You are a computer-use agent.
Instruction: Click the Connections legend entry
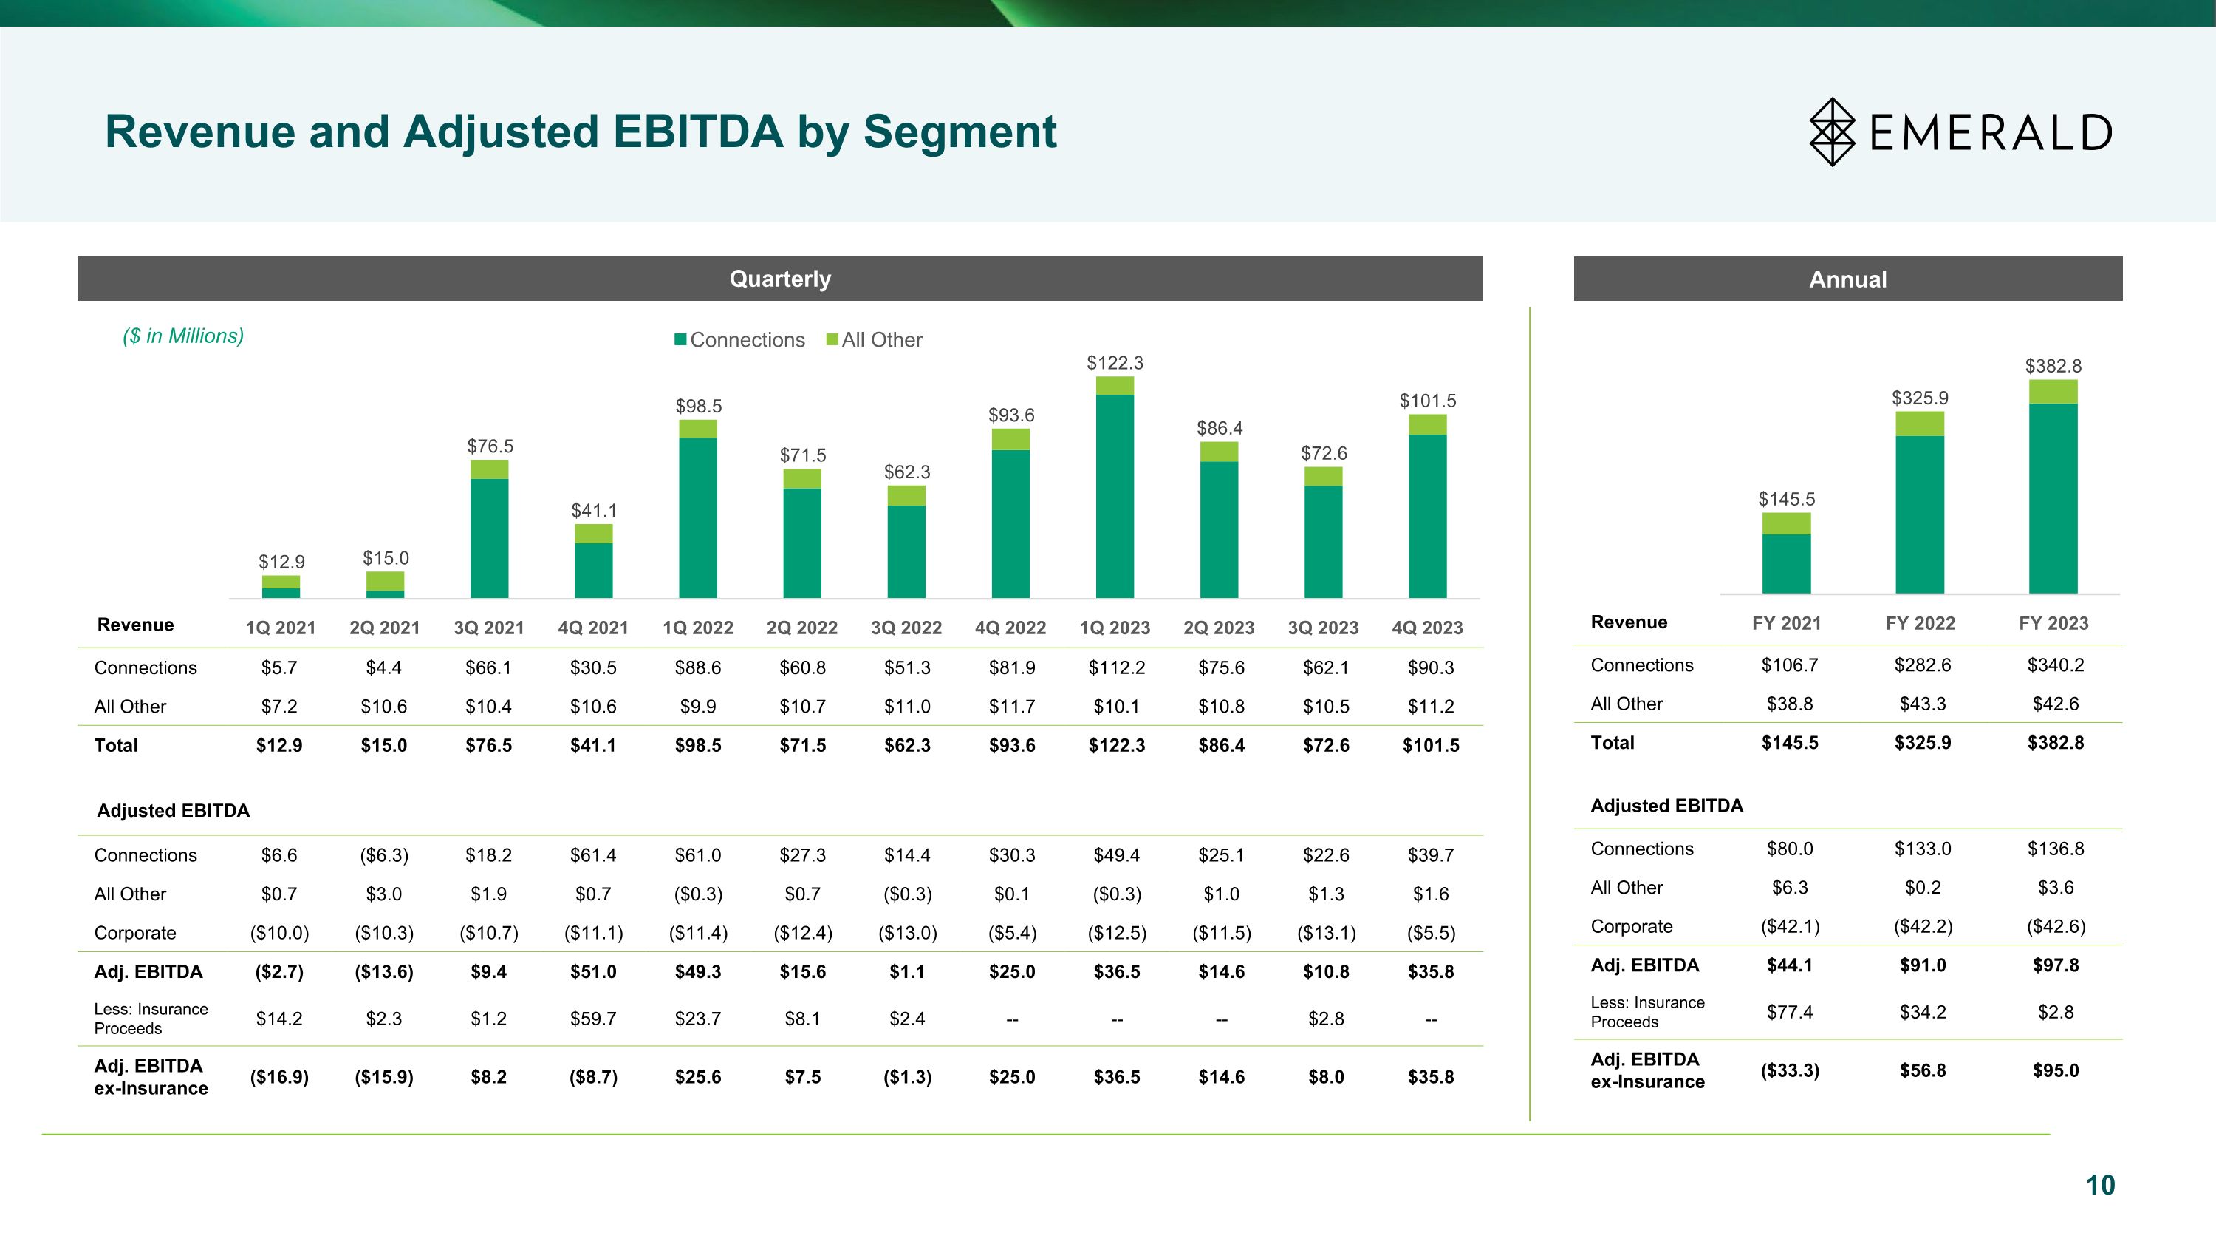(x=740, y=340)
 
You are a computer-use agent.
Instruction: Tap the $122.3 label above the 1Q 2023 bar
(x=1115, y=363)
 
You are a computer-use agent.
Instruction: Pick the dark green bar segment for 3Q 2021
(x=490, y=538)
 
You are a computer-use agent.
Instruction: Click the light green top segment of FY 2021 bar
(x=1786, y=523)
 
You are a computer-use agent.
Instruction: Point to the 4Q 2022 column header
(x=1010, y=628)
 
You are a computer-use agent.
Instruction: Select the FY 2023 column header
(x=2053, y=623)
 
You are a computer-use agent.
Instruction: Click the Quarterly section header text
(x=779, y=279)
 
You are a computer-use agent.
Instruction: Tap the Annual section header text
(x=1848, y=279)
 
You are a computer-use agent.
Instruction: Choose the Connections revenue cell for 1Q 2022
(x=697, y=667)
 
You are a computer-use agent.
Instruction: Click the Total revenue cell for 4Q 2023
(x=1431, y=745)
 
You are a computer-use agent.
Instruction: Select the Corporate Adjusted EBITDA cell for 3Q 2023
(x=1326, y=933)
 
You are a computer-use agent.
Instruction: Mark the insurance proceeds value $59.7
(x=592, y=1019)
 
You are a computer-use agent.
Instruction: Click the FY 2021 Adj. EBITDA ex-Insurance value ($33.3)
(x=1789, y=1070)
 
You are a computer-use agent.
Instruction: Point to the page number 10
(x=2100, y=1185)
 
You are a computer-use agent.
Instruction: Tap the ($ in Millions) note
(x=183, y=336)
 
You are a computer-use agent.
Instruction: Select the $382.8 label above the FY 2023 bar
(x=2053, y=366)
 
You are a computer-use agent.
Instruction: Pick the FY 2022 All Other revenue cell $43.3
(x=1922, y=704)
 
